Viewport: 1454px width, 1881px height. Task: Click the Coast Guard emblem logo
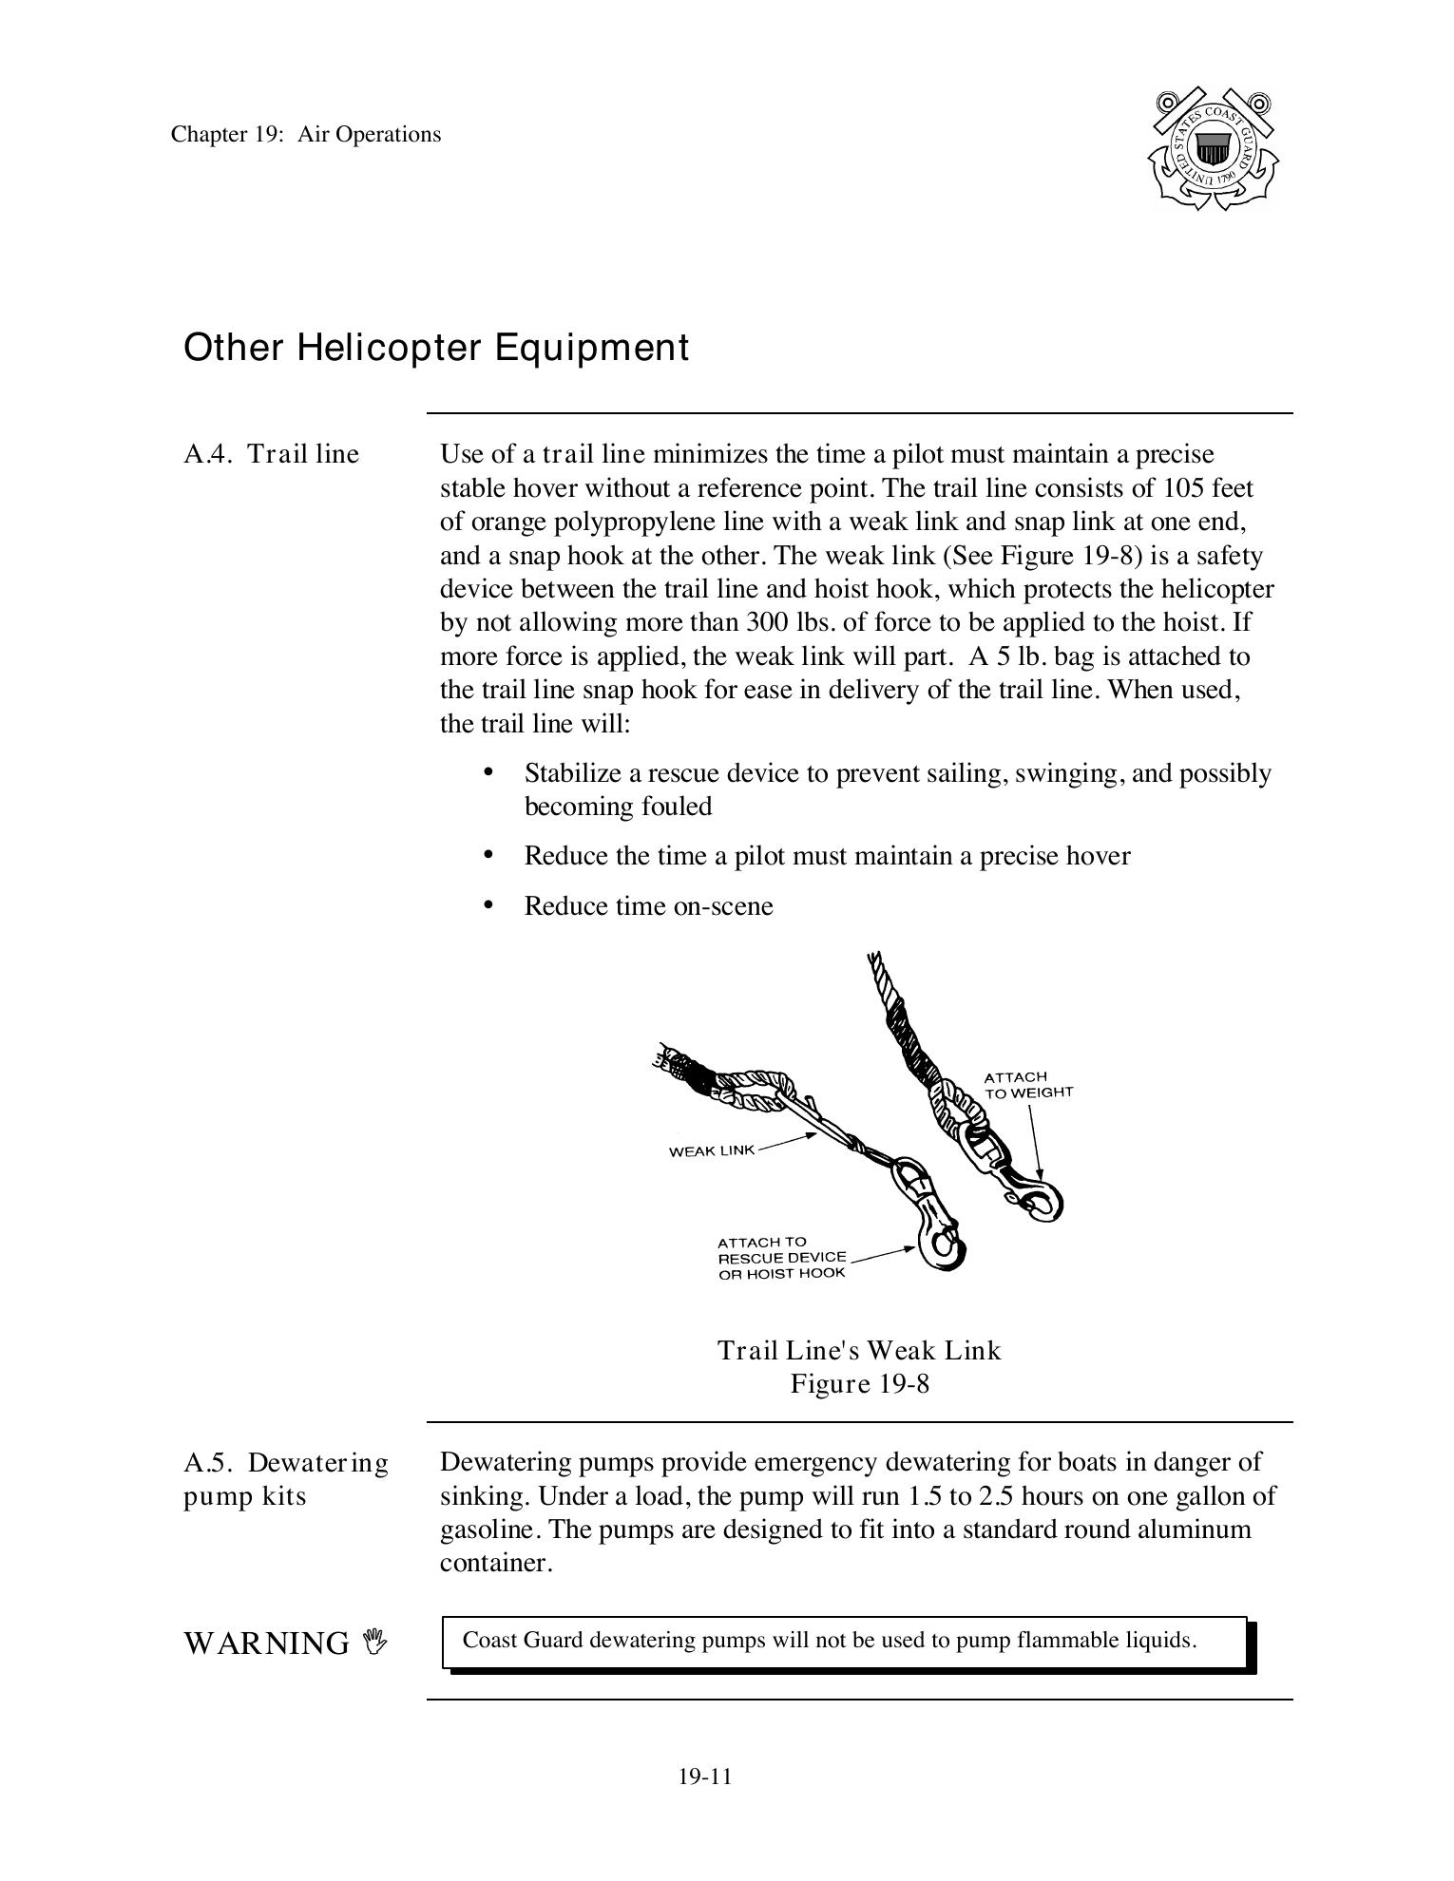coord(1213,149)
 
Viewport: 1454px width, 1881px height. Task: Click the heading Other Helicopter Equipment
coord(435,348)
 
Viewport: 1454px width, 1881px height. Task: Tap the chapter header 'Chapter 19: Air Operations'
coord(306,134)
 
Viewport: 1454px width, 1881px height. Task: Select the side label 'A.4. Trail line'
coord(272,454)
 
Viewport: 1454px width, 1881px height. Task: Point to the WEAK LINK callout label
coord(712,1150)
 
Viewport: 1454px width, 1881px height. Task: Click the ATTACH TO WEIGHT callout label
coord(1027,1085)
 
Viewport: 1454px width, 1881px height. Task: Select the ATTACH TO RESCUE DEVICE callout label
coord(781,1257)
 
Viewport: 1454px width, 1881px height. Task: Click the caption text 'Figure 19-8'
coord(859,1383)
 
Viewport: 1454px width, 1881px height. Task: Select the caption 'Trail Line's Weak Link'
coord(859,1350)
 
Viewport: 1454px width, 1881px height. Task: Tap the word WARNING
coord(266,1643)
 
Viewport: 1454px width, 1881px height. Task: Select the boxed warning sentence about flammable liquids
coord(829,1641)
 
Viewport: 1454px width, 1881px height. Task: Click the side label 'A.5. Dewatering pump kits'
coord(285,1479)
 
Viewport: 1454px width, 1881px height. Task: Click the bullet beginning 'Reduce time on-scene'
coord(648,906)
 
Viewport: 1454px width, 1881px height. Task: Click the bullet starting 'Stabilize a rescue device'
coord(897,789)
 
